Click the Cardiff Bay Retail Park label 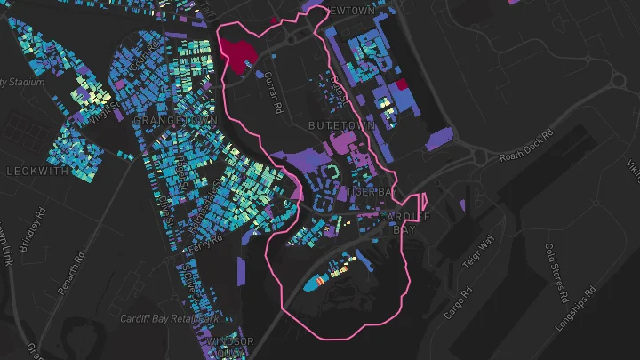(170, 318)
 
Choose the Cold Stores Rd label (556, 271)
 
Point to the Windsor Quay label (230, 347)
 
